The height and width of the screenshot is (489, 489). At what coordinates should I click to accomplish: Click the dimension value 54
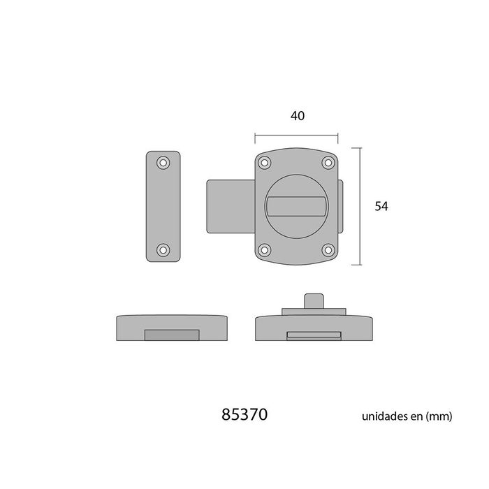(x=381, y=206)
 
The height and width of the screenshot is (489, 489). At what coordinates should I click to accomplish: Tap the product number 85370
(x=244, y=415)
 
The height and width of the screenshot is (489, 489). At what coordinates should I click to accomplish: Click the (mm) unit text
(x=440, y=416)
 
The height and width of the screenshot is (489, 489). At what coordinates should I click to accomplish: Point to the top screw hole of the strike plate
(x=163, y=163)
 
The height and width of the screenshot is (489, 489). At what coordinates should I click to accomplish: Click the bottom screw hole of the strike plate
(x=163, y=249)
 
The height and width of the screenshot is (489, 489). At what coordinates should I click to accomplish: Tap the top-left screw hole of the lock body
(x=264, y=163)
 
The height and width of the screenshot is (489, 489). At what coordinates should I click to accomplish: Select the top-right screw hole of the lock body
(x=328, y=163)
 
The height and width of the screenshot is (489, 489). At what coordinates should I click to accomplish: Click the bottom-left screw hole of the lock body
(x=264, y=249)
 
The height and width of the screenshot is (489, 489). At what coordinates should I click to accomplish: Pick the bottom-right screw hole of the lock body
(x=328, y=249)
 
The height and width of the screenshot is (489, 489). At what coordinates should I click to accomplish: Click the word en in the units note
(x=417, y=416)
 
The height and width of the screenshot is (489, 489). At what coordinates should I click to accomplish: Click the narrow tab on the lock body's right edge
(x=341, y=206)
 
